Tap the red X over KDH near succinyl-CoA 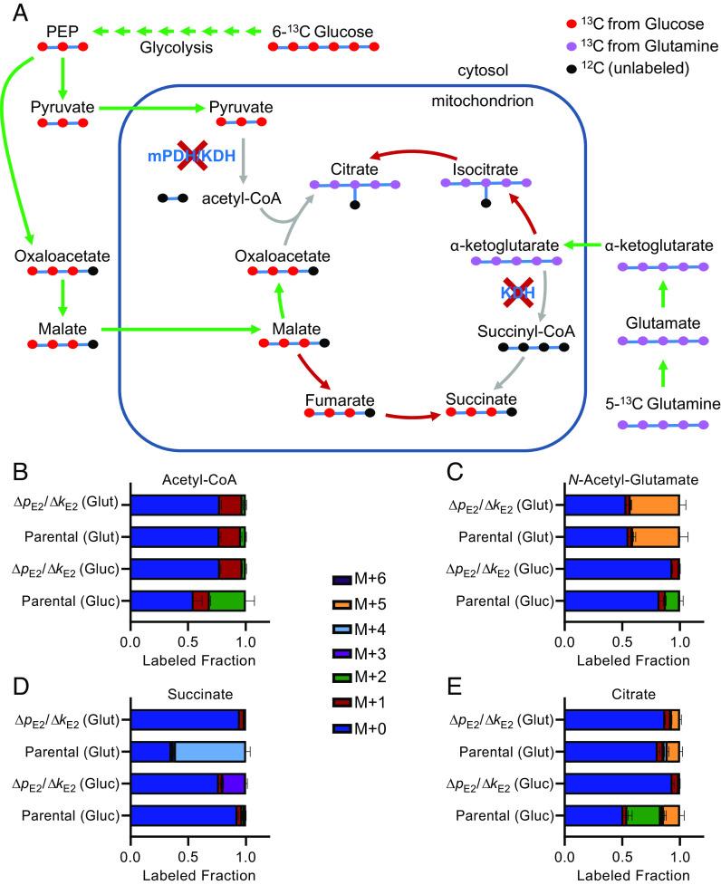pyautogui.click(x=512, y=293)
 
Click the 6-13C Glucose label pyautogui.click(x=322, y=33)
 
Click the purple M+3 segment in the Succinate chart pyautogui.click(x=235, y=784)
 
